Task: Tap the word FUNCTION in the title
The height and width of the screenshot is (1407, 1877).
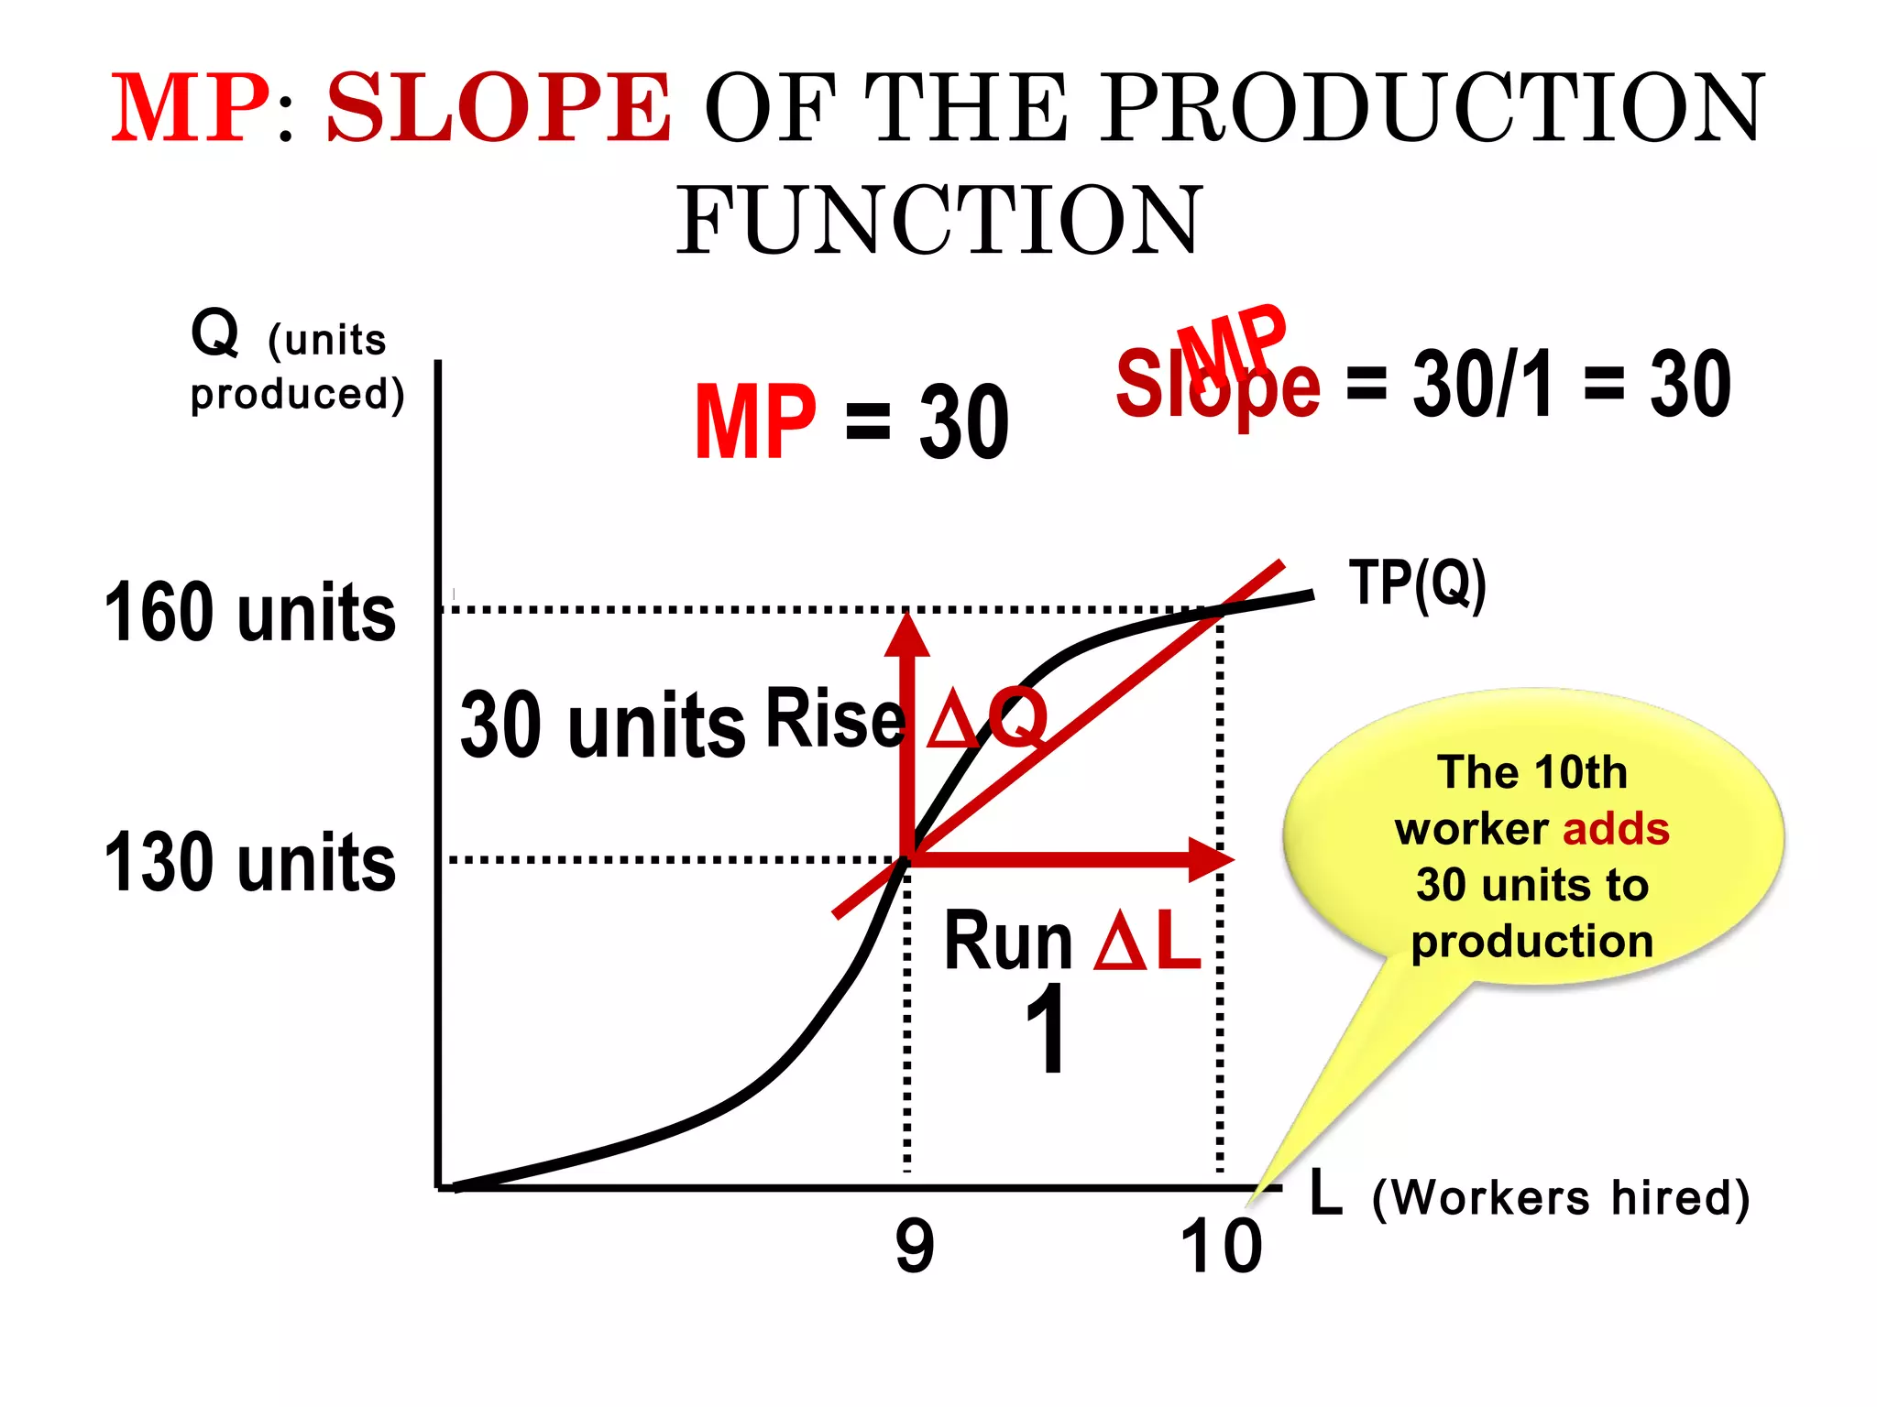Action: point(938,220)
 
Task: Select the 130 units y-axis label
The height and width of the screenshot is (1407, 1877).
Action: point(249,862)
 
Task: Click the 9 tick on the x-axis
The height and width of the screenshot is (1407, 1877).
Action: point(915,1247)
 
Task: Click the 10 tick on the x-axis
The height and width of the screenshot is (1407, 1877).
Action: point(1220,1247)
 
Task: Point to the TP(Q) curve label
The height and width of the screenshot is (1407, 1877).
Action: point(1417,584)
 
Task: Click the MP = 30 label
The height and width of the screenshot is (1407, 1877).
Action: point(851,422)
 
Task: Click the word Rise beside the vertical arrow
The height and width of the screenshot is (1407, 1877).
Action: point(835,718)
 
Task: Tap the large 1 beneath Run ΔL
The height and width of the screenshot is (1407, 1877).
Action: point(1046,1030)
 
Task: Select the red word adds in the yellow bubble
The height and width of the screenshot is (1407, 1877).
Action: point(1615,829)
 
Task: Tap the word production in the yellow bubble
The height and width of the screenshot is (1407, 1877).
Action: point(1531,942)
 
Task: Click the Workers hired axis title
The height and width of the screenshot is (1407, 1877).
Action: point(1561,1197)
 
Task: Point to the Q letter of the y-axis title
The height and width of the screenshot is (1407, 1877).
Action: point(215,333)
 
